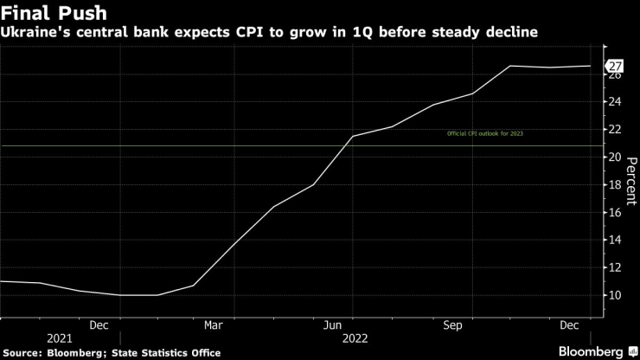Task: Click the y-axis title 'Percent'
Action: (x=631, y=182)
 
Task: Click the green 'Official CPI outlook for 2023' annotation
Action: (x=484, y=134)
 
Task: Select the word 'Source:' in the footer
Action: (x=25, y=352)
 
